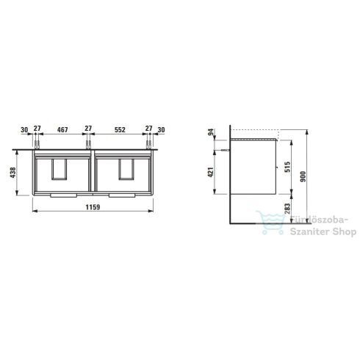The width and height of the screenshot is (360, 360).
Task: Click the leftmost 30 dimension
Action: pyautogui.click(x=25, y=129)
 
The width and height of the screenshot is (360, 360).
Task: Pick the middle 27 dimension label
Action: pyautogui.click(x=89, y=129)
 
